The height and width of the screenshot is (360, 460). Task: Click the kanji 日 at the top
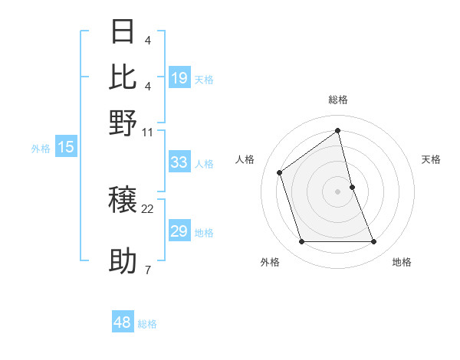(123, 31)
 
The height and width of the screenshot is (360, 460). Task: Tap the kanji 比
(123, 77)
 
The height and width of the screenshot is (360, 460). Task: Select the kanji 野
(123, 123)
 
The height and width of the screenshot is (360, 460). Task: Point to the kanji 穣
(123, 201)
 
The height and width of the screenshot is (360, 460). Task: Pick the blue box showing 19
(179, 79)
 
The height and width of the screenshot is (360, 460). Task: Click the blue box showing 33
(179, 162)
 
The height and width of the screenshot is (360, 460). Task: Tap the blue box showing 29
(179, 231)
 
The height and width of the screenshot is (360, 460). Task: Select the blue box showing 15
(66, 148)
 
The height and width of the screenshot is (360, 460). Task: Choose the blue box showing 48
(123, 322)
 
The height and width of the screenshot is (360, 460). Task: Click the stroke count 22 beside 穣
(148, 208)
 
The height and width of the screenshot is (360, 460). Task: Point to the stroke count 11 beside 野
(148, 132)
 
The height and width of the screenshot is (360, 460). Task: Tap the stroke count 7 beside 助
(148, 270)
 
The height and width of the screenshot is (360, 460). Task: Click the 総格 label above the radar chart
(338, 100)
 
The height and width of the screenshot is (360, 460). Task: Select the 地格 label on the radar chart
(402, 263)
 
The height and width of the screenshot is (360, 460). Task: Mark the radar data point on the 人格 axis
(280, 172)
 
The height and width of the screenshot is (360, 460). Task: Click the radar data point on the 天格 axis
(352, 187)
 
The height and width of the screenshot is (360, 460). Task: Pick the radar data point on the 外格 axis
(301, 242)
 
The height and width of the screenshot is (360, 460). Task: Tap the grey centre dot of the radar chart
(338, 191)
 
